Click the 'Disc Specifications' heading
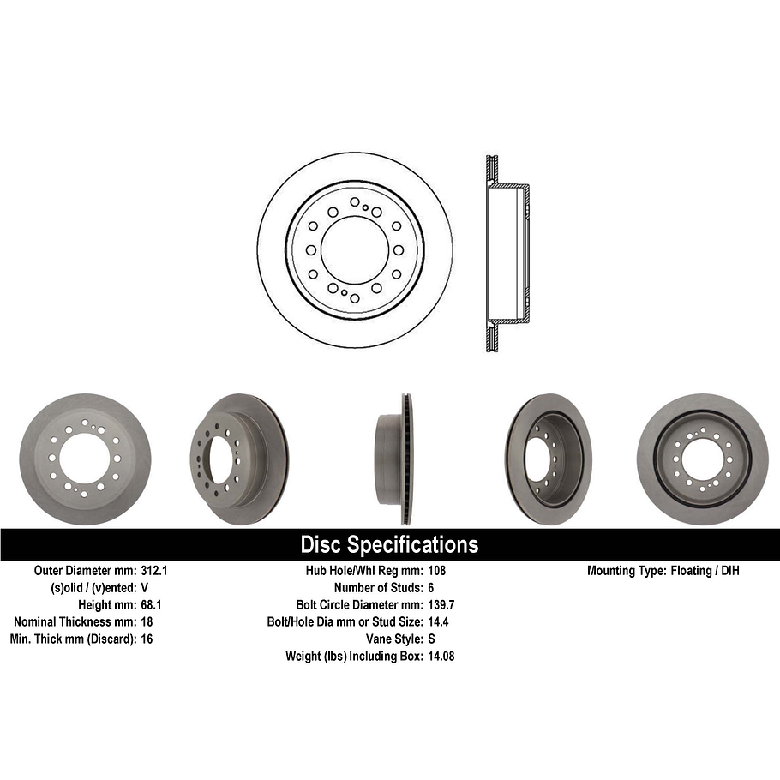point(389,545)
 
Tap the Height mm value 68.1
point(152,604)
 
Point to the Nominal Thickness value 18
point(147,621)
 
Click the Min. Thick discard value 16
point(147,639)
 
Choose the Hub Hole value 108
point(436,570)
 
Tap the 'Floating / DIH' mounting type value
point(704,570)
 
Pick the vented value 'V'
point(145,587)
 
